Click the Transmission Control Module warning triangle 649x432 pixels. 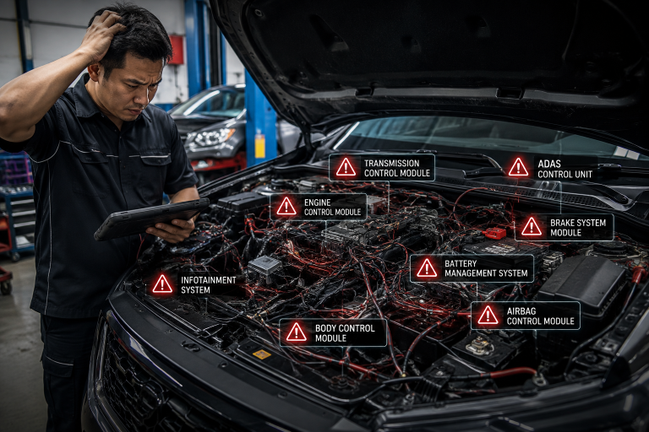click(x=346, y=167)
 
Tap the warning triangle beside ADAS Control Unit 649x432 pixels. click(x=518, y=167)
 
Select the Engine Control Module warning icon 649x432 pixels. click(x=286, y=206)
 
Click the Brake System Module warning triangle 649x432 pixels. click(x=532, y=226)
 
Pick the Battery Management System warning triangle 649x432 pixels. click(x=427, y=267)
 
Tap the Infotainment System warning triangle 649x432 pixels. click(x=162, y=284)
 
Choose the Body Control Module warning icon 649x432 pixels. click(x=297, y=332)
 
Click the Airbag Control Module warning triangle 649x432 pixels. click(x=488, y=315)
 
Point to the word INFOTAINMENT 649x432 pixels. click(x=209, y=280)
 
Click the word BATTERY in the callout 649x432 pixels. click(x=461, y=263)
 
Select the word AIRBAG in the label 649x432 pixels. click(x=521, y=310)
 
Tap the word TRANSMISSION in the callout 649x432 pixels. click(x=391, y=164)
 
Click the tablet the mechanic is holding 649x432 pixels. click(x=151, y=218)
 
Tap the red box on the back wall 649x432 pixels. click(x=176, y=50)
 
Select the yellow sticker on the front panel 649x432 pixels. click(x=262, y=354)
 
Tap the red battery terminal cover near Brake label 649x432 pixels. click(x=495, y=233)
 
